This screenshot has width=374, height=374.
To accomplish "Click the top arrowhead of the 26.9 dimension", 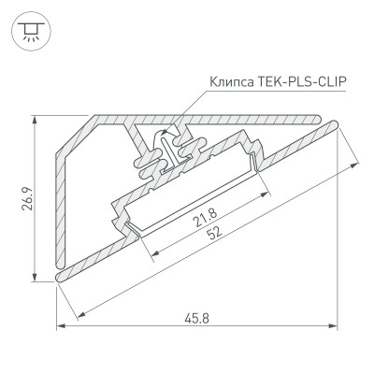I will pos(36,119).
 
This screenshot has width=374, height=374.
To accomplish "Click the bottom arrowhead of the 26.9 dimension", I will pos(36,276).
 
